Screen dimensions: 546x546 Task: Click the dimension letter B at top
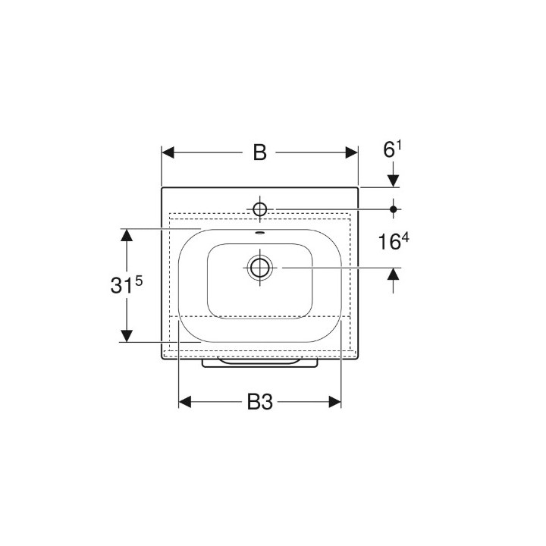point(260,152)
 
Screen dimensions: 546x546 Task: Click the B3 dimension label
point(260,402)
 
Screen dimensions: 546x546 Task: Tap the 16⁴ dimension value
point(394,241)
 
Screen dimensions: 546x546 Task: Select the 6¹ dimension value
point(393,149)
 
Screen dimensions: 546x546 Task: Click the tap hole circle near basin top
point(260,209)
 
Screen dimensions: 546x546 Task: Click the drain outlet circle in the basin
point(260,268)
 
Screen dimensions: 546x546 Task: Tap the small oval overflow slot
point(260,233)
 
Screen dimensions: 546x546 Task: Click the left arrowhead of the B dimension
point(168,152)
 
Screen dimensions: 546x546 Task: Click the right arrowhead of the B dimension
point(352,152)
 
